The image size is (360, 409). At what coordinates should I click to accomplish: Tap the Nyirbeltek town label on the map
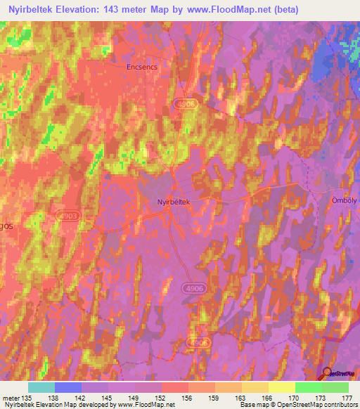click(173, 201)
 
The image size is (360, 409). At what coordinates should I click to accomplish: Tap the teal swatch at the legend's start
click(41, 387)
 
